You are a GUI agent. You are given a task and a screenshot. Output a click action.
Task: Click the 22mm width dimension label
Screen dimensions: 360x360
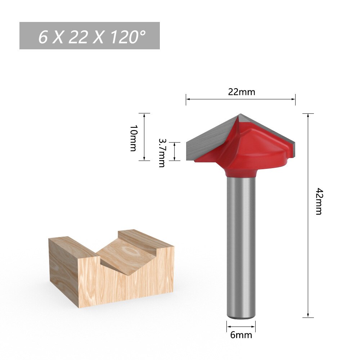[241, 92]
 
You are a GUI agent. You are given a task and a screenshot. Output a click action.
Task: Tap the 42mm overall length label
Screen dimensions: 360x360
[319, 201]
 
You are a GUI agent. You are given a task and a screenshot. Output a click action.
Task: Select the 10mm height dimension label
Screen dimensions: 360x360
[133, 138]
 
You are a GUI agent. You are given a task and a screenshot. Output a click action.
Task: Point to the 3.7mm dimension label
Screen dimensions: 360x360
[161, 153]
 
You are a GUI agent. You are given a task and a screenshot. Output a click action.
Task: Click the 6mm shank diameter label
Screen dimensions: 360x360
[241, 335]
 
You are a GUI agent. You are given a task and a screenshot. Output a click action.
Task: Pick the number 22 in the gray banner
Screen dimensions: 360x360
[78, 37]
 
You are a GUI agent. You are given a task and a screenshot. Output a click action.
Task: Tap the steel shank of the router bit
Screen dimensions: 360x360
[241, 245]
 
